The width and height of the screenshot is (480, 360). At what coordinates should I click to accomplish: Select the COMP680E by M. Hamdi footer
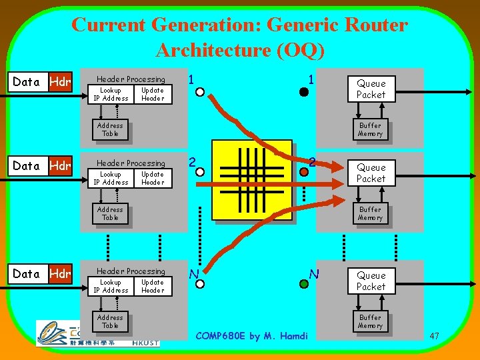tap(251, 336)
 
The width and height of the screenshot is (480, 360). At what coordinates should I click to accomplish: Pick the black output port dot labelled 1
tap(303, 93)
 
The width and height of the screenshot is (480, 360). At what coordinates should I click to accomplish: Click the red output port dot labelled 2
tap(303, 172)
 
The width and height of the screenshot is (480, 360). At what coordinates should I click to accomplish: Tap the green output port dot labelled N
tap(303, 283)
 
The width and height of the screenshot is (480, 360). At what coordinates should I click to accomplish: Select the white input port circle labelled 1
tap(197, 93)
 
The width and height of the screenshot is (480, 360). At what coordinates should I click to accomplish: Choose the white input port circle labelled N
tap(197, 283)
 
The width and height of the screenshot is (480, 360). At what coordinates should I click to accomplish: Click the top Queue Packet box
tap(371, 89)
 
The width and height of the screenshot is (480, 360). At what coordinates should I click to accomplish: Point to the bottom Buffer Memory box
tap(370, 321)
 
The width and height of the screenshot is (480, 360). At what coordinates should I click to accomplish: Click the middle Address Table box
tap(110, 213)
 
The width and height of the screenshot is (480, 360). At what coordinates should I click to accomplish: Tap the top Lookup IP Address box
tap(111, 94)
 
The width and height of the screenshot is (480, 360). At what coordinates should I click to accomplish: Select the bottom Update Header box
tap(153, 286)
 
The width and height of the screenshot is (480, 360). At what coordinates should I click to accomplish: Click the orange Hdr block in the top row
tap(59, 82)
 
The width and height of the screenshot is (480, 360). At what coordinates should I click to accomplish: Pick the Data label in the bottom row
tap(27, 273)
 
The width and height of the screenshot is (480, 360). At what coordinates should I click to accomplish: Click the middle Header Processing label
tap(131, 163)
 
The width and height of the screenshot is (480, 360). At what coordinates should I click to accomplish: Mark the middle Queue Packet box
tap(371, 173)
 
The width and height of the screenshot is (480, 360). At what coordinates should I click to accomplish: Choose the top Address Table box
tap(110, 129)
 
